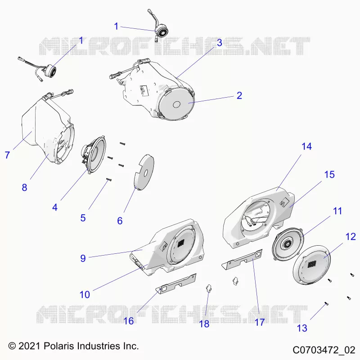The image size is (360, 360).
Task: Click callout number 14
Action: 306,147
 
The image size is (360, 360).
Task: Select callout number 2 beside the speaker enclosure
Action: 239,95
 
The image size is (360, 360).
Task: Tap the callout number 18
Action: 204,324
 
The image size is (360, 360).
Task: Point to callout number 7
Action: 7,155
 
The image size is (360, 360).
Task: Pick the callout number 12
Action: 351,237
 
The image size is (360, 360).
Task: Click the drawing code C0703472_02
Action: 324,350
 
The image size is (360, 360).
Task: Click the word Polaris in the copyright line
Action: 59,346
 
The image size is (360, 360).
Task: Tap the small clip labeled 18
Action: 209,288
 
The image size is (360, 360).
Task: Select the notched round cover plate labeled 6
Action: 144,172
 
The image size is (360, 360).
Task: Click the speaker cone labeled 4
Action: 94,155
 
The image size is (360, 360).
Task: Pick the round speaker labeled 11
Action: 288,244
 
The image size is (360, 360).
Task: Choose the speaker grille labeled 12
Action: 312,265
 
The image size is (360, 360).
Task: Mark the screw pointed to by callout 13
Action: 327,304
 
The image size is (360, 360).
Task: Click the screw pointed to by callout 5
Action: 109,180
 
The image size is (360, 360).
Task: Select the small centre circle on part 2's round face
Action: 176,104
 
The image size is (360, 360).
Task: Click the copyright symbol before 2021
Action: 12,346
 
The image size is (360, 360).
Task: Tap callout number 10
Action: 85,295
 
